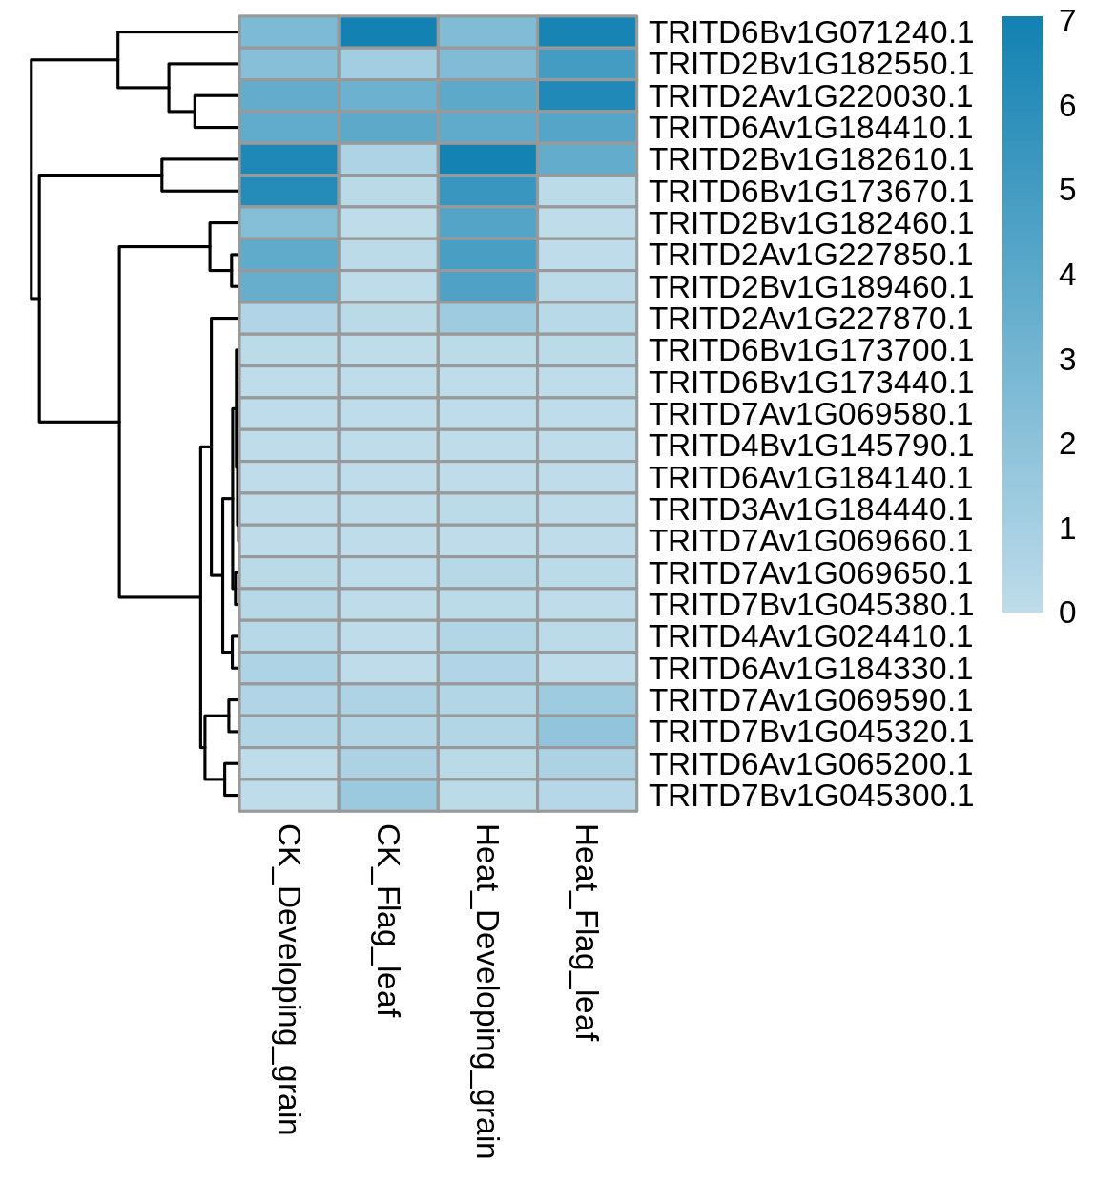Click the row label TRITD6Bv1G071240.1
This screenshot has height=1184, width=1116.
[x=811, y=32]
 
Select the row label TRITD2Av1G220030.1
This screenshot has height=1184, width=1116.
[x=811, y=96]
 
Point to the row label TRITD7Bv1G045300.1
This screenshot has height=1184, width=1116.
[x=811, y=796]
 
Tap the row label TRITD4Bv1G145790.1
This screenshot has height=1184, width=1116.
[x=811, y=446]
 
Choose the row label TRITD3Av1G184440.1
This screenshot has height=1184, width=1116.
[x=811, y=509]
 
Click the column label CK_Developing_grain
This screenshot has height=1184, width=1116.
[x=288, y=979]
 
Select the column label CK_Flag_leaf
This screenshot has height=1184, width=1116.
[x=388, y=921]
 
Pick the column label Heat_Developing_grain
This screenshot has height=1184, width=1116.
[x=487, y=991]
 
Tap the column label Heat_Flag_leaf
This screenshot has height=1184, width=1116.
[x=587, y=933]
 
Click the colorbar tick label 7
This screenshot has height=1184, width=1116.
[x=1067, y=21]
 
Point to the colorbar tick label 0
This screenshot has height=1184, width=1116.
[x=1067, y=613]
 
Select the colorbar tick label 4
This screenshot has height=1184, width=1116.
[x=1067, y=275]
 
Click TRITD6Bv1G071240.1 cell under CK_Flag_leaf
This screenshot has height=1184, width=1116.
[x=388, y=32]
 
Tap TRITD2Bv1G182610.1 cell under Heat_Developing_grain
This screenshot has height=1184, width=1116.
[x=487, y=159]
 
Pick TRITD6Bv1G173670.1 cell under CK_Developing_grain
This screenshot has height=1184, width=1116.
[x=288, y=192]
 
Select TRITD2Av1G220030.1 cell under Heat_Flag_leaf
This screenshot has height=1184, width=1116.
[x=588, y=96]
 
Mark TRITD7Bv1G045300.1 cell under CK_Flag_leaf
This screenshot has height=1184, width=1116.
[x=388, y=796]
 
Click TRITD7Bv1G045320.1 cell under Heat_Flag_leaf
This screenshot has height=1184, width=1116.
[x=588, y=732]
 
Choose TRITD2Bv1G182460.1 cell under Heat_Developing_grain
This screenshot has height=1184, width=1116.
[x=487, y=223]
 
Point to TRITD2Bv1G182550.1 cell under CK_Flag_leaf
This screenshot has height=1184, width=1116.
[x=388, y=64]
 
